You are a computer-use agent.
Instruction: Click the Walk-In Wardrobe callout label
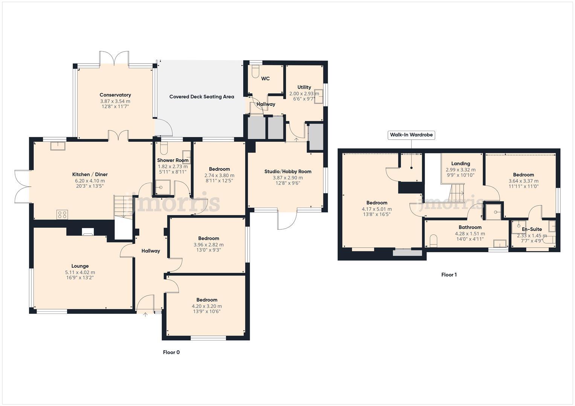(x=411, y=135)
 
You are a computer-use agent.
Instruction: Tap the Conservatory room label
(x=115, y=95)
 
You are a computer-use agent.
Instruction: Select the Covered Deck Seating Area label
(x=201, y=97)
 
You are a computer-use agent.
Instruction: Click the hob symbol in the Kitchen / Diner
(x=62, y=215)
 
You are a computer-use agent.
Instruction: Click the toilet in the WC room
(x=255, y=71)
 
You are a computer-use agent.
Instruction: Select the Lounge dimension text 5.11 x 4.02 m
(x=80, y=273)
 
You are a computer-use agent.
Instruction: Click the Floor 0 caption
(x=171, y=352)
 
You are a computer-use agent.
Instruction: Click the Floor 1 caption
(x=449, y=275)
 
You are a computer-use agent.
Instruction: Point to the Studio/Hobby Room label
(x=288, y=171)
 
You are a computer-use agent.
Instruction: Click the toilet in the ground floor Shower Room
(x=164, y=148)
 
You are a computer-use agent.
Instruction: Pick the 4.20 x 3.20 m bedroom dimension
(x=207, y=306)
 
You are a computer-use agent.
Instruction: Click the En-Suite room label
(x=532, y=229)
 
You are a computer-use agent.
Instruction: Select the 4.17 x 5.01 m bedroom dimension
(x=377, y=209)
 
